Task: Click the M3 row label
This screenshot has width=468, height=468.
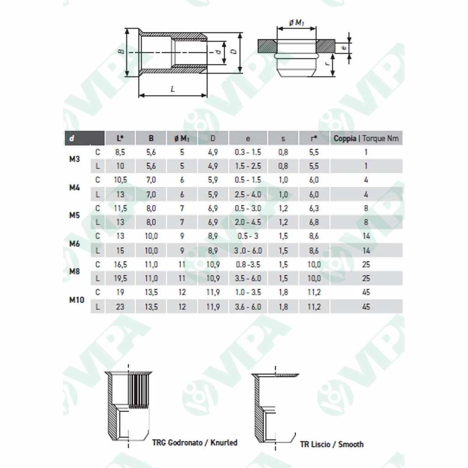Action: tap(74, 159)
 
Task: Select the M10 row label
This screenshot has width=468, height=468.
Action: tap(76, 300)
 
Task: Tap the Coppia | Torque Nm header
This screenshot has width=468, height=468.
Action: tap(367, 138)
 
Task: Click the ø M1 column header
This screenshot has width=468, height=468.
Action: tap(182, 138)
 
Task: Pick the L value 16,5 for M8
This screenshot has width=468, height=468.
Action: tap(120, 264)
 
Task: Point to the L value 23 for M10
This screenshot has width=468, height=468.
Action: tap(120, 307)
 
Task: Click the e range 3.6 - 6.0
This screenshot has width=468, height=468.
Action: tap(248, 307)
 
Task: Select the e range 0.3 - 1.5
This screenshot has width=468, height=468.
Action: tap(248, 152)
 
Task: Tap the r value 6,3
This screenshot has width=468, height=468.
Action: tap(314, 208)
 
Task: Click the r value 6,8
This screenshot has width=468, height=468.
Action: tap(314, 223)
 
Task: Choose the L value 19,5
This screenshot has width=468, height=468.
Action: tap(120, 278)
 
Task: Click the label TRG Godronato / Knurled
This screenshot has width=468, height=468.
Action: tap(195, 442)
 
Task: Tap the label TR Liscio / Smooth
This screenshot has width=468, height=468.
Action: tap(332, 444)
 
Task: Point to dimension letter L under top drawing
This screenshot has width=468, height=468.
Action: tap(173, 89)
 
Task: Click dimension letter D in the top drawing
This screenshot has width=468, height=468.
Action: tap(234, 53)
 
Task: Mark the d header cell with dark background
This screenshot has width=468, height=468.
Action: tap(84, 138)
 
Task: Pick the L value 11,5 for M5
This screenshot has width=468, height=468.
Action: tap(120, 208)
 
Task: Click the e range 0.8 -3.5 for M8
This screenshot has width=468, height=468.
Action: tap(248, 264)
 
